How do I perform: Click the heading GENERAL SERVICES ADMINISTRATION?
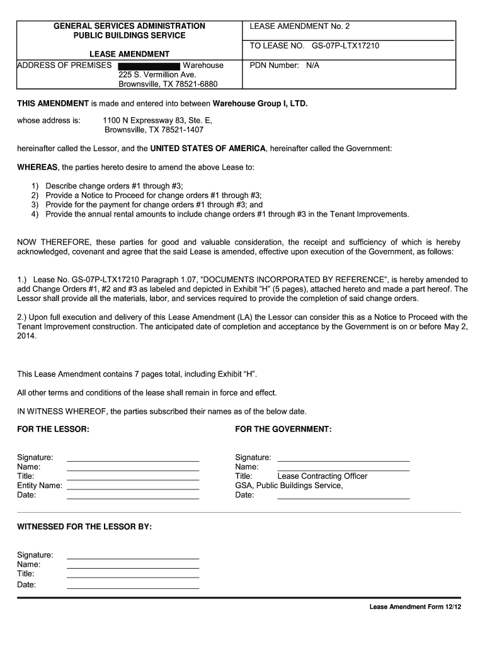pos(129,26)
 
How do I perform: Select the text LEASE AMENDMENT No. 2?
pos(299,26)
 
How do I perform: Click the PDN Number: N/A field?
pos(285,65)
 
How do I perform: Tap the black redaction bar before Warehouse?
pos(149,66)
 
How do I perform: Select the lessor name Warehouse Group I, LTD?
pos(260,103)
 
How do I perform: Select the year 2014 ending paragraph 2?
pos(27,336)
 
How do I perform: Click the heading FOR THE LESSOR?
pos(53,429)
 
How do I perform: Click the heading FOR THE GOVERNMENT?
pos(283,429)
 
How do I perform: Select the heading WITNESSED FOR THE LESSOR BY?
pos(84,526)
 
